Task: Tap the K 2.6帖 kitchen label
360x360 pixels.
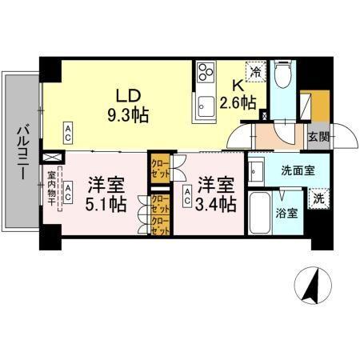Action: click(238, 94)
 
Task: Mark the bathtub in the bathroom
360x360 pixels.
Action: click(260, 214)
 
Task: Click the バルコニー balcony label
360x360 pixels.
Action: click(22, 150)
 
